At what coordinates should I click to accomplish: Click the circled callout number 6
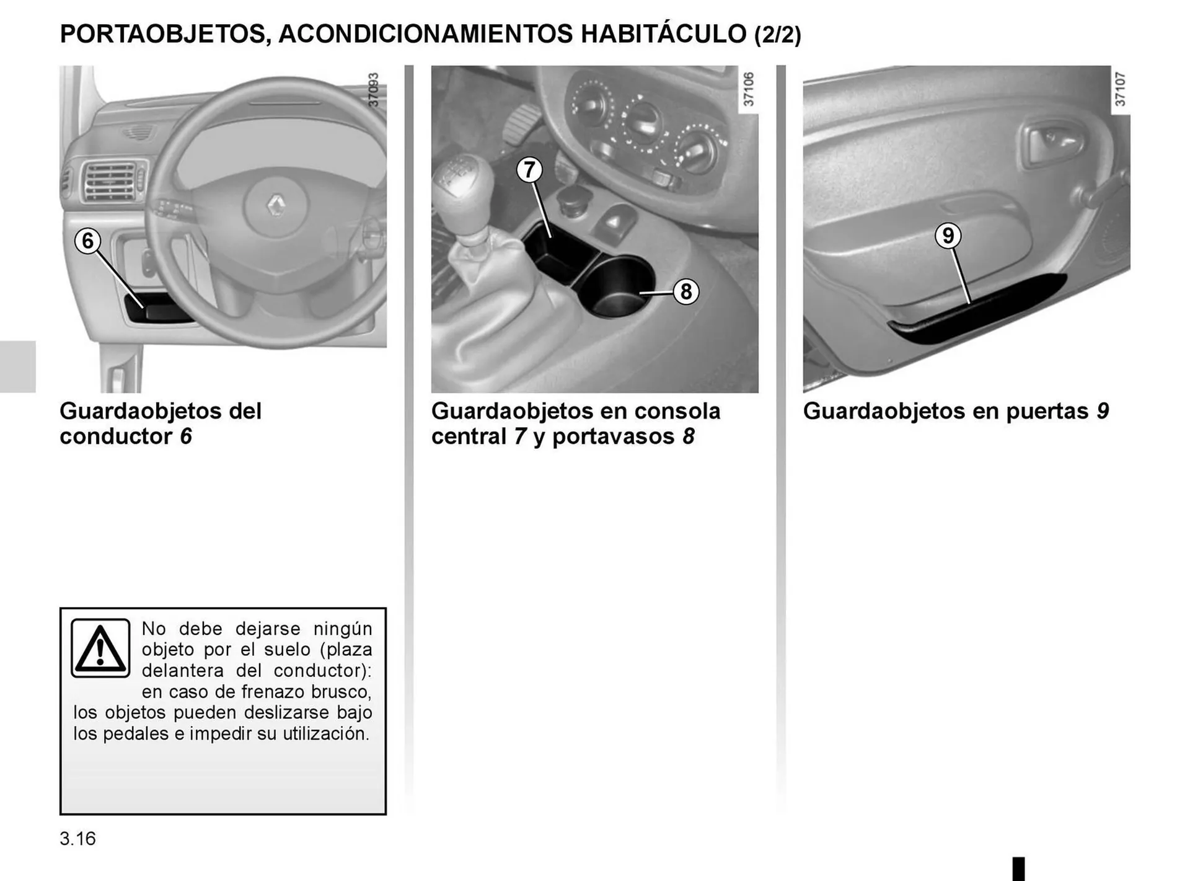pos(87,241)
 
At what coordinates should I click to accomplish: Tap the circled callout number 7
pos(529,170)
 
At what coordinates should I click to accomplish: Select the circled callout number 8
pos(685,291)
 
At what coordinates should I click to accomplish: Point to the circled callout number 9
pos(948,236)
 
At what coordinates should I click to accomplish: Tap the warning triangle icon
pos(100,648)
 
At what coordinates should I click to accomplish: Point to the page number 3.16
pos(77,839)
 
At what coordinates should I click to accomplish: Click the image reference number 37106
pos(748,89)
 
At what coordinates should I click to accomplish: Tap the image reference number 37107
pos(1120,89)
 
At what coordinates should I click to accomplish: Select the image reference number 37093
pos(373,91)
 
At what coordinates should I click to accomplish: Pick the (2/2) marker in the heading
pos(777,35)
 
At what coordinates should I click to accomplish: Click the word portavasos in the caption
pos(612,436)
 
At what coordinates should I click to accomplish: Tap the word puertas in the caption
pos(1047,411)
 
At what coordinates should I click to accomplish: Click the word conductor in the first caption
pos(116,436)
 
